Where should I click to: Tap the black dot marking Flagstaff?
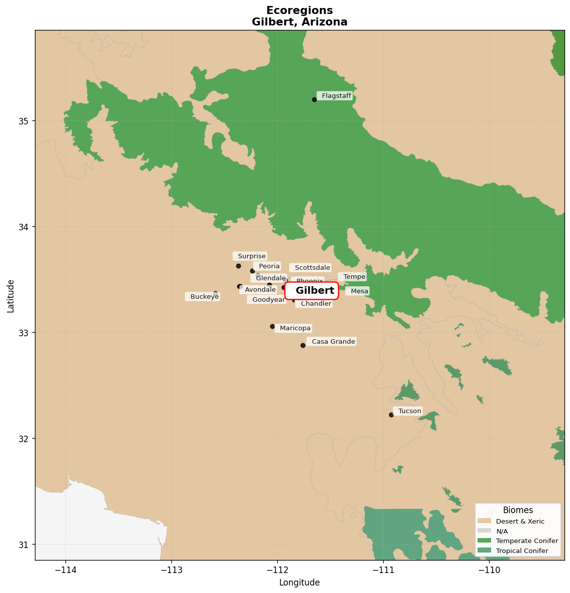pos(314,99)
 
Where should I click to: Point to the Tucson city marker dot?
pos(391,415)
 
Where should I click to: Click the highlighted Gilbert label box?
pos(312,291)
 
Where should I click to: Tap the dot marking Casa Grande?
pos(303,345)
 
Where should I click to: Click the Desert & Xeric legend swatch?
pos(484,521)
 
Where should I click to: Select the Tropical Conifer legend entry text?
pos(522,551)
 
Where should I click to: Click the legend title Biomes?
pos(518,510)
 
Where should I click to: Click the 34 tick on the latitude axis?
pos(24,227)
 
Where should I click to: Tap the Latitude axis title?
pos(11,296)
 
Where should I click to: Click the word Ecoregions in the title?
pos(299,10)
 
